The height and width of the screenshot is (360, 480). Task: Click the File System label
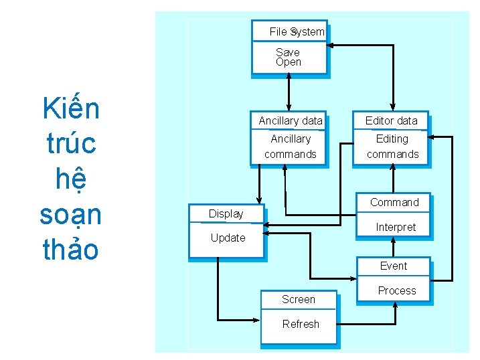(297, 31)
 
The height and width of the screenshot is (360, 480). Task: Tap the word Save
(288, 52)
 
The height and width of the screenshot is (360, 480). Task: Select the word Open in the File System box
(289, 62)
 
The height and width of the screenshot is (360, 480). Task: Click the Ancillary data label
(291, 121)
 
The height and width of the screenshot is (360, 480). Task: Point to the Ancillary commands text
(291, 147)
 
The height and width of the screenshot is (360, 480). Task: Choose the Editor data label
(392, 121)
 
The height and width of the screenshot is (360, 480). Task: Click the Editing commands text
(392, 147)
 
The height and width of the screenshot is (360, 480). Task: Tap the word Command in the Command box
(394, 203)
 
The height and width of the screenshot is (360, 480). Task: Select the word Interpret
(396, 228)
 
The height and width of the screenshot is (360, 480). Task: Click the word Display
(226, 214)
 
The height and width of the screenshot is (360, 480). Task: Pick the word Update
(228, 238)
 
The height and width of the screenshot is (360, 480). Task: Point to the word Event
(394, 266)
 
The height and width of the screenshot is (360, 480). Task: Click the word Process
(397, 291)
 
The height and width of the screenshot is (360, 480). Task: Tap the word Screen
(299, 300)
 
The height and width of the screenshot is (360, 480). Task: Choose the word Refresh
(301, 325)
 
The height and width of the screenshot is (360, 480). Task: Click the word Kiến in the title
(70, 108)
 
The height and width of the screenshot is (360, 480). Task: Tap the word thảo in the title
(70, 250)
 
